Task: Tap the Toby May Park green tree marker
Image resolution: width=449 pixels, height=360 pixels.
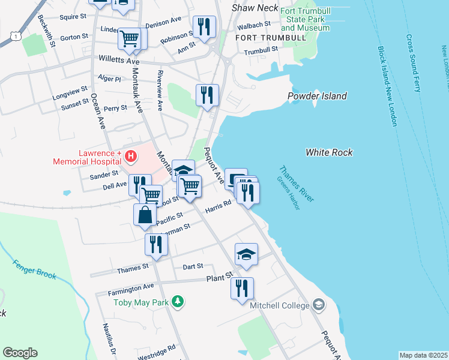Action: [177, 301]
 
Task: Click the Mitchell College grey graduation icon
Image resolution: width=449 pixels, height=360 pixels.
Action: [319, 305]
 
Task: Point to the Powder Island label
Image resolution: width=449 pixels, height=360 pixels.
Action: [317, 96]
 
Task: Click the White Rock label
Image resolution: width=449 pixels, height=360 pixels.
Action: [329, 152]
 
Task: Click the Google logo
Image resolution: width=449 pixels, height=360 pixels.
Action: [20, 353]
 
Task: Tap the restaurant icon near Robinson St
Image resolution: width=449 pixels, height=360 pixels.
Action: [204, 27]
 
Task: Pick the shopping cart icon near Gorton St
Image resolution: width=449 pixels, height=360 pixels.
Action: [130, 39]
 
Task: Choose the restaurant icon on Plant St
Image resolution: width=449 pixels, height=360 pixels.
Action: [242, 288]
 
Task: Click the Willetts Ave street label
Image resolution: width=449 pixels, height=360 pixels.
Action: [119, 61]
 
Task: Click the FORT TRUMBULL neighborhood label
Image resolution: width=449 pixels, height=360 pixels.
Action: [270, 38]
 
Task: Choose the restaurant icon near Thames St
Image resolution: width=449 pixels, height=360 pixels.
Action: [155, 245]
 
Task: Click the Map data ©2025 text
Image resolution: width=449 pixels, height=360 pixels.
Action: [423, 355]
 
